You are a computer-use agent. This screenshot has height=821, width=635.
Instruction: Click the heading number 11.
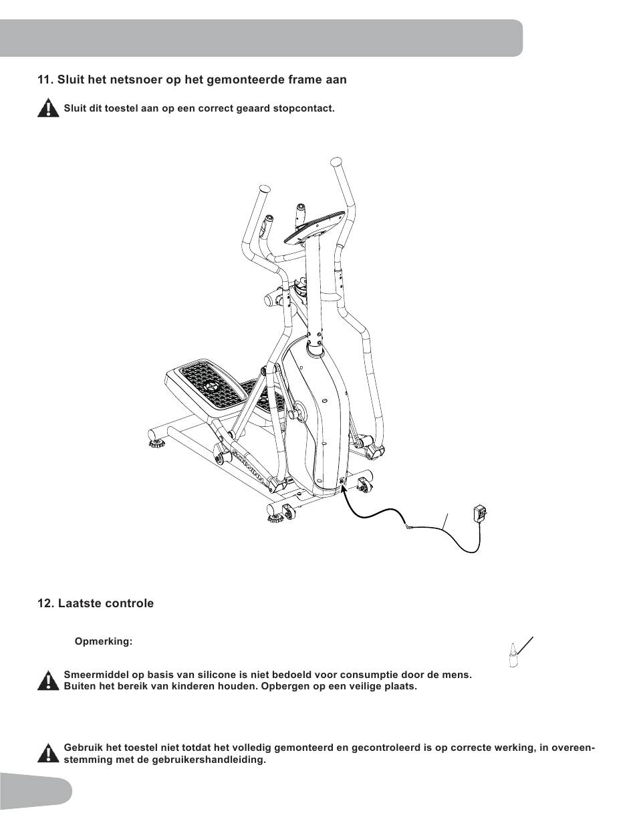point(45,79)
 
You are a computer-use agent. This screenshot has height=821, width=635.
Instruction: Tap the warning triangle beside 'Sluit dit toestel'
point(48,108)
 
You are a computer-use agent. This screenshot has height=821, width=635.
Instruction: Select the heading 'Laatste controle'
point(106,603)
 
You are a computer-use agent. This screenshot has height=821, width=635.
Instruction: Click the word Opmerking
point(104,642)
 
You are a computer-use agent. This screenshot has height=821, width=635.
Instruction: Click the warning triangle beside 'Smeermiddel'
point(48,681)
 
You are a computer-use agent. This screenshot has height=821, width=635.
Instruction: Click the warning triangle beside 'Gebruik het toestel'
point(48,754)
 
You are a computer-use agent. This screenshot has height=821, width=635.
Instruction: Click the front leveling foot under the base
point(275,514)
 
